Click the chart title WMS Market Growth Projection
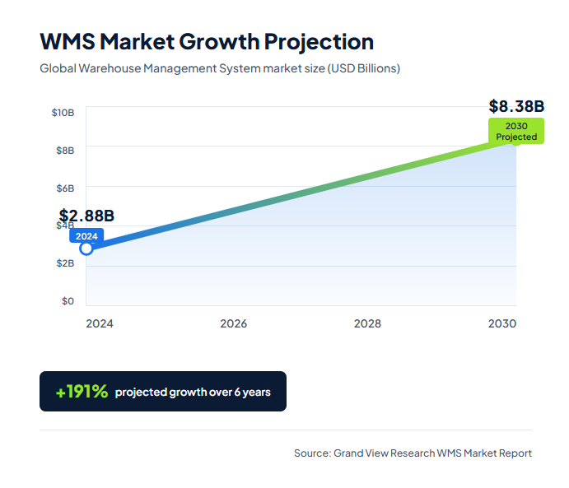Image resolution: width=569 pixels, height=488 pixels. click(x=207, y=41)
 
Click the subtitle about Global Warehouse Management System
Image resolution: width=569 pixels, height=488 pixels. click(x=220, y=68)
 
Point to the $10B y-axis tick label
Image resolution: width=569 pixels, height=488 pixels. click(x=63, y=112)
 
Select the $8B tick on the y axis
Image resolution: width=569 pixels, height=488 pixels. click(x=64, y=150)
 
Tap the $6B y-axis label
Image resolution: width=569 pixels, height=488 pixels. click(x=64, y=188)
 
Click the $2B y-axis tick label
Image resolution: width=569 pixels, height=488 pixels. click(x=64, y=263)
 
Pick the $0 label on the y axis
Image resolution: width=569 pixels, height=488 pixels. click(x=68, y=301)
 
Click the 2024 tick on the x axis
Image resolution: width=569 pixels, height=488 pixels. click(x=100, y=323)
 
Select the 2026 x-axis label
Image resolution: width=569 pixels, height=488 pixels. click(x=234, y=323)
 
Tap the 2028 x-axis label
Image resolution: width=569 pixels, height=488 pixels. click(x=367, y=323)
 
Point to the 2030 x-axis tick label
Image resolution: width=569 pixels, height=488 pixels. click(x=501, y=323)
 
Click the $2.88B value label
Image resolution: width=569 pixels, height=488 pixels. click(x=86, y=216)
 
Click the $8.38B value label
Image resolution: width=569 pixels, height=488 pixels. click(x=516, y=106)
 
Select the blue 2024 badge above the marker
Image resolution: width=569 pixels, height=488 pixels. click(x=86, y=236)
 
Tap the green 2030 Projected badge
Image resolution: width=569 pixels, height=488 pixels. click(x=516, y=131)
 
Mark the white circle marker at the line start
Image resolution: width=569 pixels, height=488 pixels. click(x=86, y=249)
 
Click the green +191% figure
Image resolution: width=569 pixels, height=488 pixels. click(x=82, y=392)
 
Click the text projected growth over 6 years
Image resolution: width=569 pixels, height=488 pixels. click(x=193, y=392)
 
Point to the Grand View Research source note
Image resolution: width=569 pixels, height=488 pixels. click(x=413, y=453)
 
